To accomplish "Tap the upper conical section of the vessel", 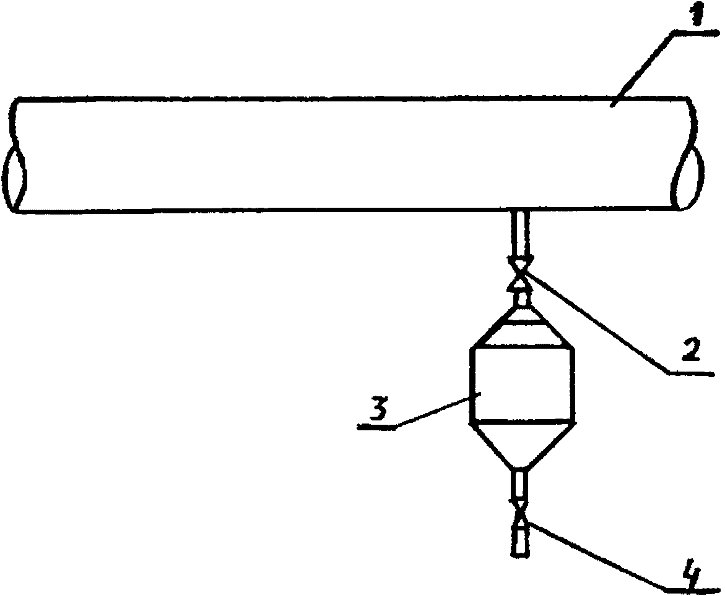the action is coord(521,328).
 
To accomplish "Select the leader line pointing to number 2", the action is coord(594,321).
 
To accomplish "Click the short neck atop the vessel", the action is coord(521,300).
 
